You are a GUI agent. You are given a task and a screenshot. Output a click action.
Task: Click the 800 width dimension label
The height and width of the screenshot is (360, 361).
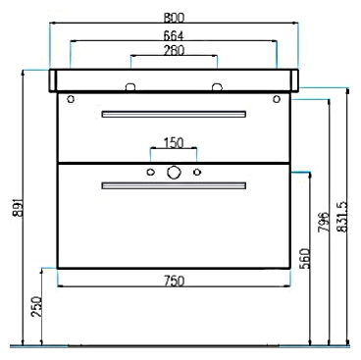(x=174, y=18)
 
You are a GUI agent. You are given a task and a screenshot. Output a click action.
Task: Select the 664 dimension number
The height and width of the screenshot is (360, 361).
(x=174, y=35)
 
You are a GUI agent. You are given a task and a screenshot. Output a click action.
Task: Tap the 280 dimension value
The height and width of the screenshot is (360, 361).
(x=174, y=50)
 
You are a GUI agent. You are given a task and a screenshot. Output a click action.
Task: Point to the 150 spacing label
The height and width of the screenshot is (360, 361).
(x=174, y=143)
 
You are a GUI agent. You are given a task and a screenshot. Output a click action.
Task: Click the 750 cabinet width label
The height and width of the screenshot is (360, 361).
(x=174, y=281)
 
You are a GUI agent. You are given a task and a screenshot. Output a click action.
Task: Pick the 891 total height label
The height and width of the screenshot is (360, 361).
(x=18, y=207)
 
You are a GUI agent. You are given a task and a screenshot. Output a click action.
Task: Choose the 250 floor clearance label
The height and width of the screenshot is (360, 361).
(x=36, y=306)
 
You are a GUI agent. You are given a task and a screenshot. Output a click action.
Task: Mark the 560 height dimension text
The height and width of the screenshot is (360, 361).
(x=305, y=258)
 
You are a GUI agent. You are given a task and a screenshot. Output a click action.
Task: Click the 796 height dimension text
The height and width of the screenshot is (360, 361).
(x=324, y=222)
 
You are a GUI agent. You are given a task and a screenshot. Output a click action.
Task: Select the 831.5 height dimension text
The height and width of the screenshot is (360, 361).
(x=342, y=217)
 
